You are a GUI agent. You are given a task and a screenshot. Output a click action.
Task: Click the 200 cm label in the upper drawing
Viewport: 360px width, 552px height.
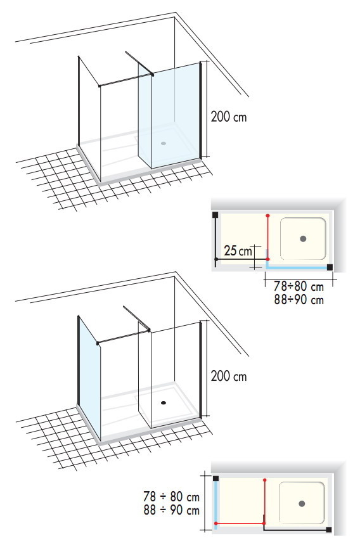(229, 117)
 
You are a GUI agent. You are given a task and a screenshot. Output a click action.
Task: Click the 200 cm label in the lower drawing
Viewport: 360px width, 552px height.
(229, 376)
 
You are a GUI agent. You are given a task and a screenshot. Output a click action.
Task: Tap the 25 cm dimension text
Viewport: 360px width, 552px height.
(238, 251)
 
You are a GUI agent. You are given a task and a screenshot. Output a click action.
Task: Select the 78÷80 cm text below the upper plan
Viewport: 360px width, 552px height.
(299, 286)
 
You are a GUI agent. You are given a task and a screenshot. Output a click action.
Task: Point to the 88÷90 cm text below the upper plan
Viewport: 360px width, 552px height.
(299, 300)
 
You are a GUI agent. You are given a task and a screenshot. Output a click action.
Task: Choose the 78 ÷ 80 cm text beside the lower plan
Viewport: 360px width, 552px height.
(171, 496)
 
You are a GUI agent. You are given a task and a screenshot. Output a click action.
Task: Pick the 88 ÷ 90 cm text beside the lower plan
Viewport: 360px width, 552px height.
(171, 510)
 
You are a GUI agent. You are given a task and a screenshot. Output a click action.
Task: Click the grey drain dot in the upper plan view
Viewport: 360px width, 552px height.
(303, 239)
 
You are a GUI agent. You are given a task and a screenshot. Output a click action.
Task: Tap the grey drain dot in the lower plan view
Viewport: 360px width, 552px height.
(302, 503)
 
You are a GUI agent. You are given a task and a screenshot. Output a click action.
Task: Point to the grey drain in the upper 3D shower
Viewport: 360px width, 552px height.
(164, 143)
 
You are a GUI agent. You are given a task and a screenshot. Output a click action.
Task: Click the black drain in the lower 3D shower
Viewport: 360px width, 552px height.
(164, 402)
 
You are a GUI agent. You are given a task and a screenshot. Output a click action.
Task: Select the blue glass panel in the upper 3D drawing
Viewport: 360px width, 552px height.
(170, 115)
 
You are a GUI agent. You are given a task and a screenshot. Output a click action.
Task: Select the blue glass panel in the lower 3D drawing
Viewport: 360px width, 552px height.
(89, 376)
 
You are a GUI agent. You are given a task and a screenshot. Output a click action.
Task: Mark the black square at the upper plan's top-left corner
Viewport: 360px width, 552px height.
(215, 214)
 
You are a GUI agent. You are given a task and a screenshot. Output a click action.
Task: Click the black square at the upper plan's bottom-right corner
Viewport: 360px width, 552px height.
(330, 267)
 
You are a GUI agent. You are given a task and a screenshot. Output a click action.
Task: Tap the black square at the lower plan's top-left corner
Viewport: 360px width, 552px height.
(215, 478)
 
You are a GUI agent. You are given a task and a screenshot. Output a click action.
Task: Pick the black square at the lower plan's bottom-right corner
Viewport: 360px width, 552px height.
(329, 530)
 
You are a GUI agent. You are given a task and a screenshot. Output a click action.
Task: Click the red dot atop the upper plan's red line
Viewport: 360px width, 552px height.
(268, 215)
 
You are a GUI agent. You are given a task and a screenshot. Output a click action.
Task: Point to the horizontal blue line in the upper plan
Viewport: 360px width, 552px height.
(297, 267)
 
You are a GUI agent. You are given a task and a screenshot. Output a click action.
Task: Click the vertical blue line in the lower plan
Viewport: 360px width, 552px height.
(215, 503)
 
